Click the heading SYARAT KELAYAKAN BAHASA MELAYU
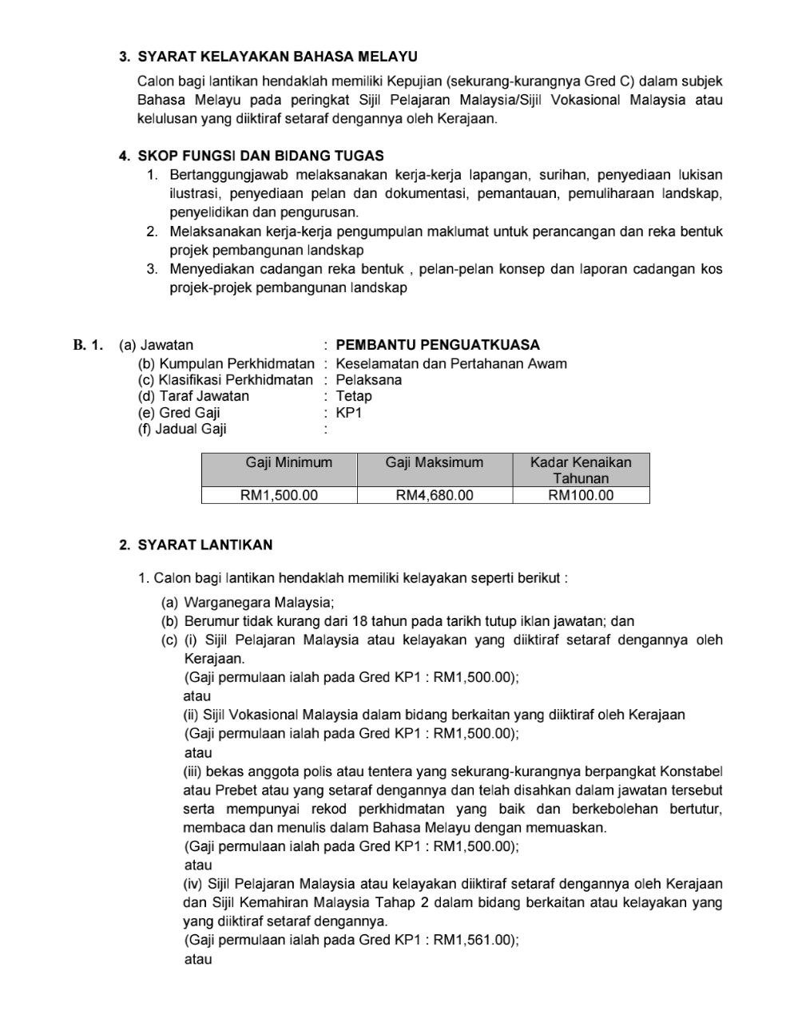(277, 57)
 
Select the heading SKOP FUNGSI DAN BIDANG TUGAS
(260, 156)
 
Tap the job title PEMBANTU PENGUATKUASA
(438, 345)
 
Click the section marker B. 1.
(89, 345)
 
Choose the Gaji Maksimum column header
(434, 462)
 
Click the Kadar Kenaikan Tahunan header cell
(581, 470)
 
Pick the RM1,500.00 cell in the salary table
(279, 495)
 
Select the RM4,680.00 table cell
(434, 495)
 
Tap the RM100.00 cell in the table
(581, 495)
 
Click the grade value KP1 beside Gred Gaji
(349, 413)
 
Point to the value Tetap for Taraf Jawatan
(354, 396)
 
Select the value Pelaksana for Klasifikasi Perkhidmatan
(368, 380)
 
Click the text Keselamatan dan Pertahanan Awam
(451, 364)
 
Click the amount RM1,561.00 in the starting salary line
(474, 940)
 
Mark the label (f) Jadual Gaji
(182, 429)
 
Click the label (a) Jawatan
(157, 345)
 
